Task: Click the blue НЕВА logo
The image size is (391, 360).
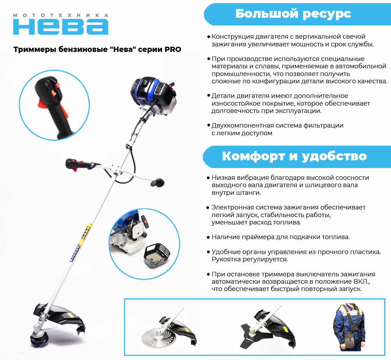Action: coord(61,27)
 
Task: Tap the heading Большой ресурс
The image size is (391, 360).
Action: coord(293,14)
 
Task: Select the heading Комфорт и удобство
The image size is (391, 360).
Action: coord(294,156)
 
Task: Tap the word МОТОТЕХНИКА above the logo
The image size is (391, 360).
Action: coord(61,15)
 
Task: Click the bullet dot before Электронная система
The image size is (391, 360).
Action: coord(208,207)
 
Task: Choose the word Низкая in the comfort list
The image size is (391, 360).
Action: coord(223,178)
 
